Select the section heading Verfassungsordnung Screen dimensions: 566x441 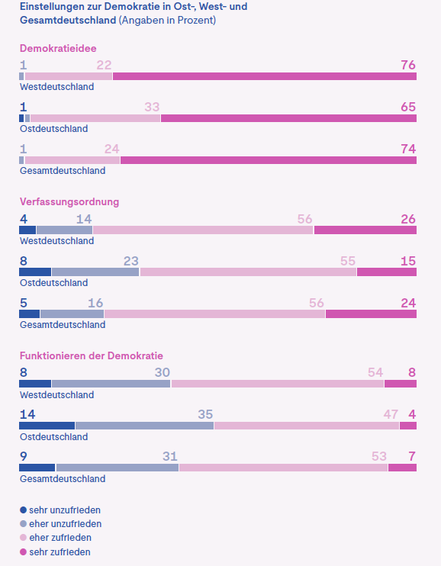point(69,202)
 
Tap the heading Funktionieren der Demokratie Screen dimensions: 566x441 point(91,356)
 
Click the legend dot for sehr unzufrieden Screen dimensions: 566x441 point(23,510)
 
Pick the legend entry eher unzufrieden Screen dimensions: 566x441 point(65,524)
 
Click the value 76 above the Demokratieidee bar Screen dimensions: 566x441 point(408,65)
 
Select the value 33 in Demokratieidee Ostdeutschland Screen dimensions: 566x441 point(152,107)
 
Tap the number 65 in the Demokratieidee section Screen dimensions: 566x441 point(408,107)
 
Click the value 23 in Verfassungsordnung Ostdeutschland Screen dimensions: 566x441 point(130,261)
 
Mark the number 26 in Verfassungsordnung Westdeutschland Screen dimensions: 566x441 point(408,219)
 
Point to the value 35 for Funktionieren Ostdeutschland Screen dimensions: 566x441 point(205,415)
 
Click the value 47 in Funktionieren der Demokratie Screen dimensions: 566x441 point(391,415)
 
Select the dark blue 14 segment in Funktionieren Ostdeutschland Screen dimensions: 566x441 point(47,426)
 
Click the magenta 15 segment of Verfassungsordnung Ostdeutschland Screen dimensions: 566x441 point(387,272)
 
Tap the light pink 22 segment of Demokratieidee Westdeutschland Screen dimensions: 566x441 point(69,76)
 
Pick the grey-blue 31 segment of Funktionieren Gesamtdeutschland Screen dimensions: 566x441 point(117,468)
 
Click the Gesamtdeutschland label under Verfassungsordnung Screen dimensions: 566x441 point(62,325)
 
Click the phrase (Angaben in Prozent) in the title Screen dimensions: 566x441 point(167,21)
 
